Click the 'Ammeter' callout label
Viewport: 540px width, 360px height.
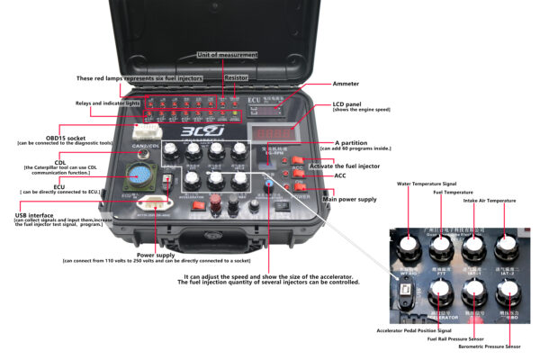pos(346,84)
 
